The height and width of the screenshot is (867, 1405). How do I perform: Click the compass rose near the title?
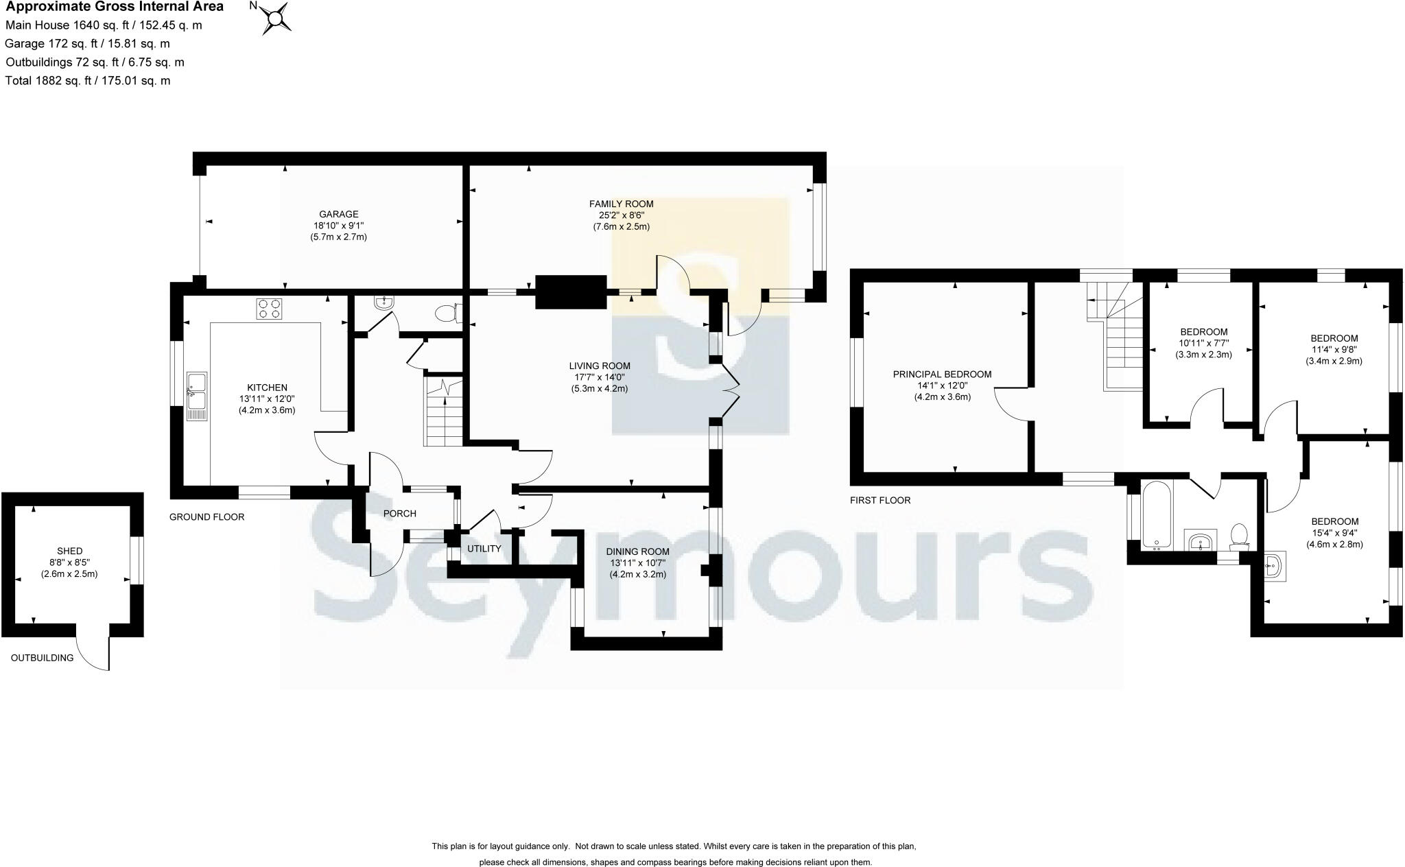coord(276,19)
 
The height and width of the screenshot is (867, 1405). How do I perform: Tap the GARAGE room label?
coord(338,214)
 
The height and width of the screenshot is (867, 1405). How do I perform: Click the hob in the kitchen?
coord(269,309)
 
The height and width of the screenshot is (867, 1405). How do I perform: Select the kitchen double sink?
coord(196,396)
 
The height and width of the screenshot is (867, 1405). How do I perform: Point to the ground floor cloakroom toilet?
coord(447,313)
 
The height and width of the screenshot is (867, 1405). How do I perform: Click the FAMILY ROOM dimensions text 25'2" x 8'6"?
coord(621,215)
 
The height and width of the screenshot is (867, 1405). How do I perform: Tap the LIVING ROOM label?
coord(599,366)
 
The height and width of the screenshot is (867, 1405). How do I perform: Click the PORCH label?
coord(399,514)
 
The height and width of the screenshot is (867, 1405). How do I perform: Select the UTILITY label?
coord(484,549)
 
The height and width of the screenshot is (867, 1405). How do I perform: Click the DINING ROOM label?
coord(637,551)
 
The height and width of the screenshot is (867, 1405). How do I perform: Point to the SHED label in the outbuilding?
coord(70,551)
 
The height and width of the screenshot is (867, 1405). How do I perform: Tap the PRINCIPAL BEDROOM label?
coord(941,375)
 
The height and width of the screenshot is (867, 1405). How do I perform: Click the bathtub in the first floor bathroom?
coord(1157,514)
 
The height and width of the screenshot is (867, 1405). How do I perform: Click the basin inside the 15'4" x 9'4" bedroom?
coord(1275,567)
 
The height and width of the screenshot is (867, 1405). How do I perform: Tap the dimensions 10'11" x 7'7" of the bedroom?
coord(1203,344)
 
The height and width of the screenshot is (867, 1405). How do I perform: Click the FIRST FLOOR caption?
coord(880,500)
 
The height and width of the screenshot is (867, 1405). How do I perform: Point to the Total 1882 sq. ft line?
coord(88,81)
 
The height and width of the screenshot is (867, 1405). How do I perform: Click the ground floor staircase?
coord(443,412)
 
